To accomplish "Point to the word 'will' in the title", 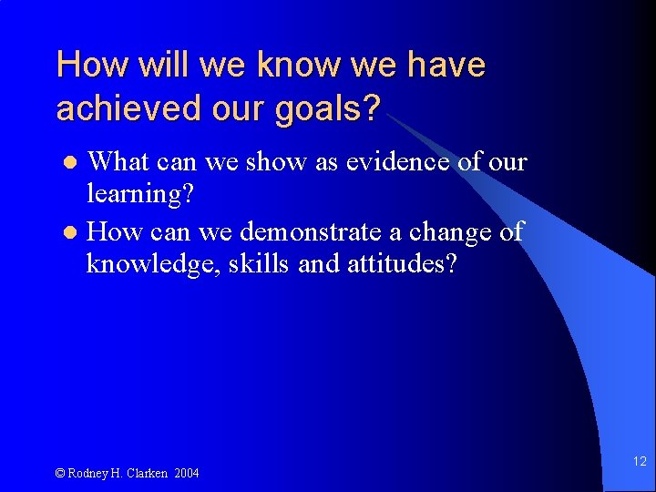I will [x=164, y=65].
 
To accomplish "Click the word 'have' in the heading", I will [x=446, y=65].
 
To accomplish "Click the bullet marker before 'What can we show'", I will [x=74, y=163].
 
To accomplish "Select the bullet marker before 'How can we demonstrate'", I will [x=74, y=232].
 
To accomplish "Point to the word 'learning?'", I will [x=139, y=194].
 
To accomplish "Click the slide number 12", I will [x=639, y=462].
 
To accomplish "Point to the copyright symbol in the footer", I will [x=60, y=473].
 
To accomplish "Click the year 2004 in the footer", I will [x=188, y=473].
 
